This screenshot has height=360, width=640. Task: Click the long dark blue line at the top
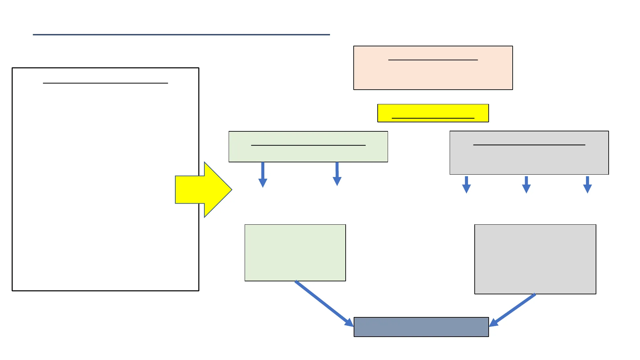click(181, 34)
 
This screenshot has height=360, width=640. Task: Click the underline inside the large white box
click(105, 83)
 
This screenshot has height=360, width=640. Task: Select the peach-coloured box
click(433, 75)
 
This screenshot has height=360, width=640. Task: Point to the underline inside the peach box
click(433, 60)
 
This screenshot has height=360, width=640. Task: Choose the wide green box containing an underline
click(308, 154)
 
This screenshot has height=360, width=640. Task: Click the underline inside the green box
click(308, 145)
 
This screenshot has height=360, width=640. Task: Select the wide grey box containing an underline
click(529, 160)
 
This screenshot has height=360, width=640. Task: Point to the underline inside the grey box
click(529, 145)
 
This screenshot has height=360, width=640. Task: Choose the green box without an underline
click(295, 253)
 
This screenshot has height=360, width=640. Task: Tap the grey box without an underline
click(535, 259)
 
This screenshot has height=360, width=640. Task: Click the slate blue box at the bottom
click(421, 327)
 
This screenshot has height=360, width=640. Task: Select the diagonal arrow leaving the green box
click(323, 303)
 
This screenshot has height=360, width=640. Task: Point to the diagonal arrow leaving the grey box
click(513, 310)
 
